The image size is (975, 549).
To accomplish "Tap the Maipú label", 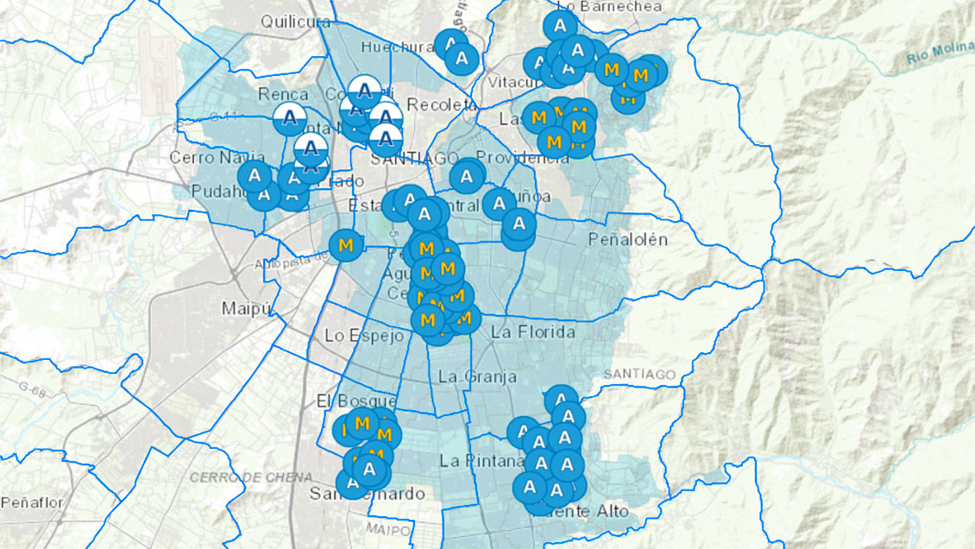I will (x=246, y=307).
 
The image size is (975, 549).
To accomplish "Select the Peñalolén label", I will (x=627, y=239).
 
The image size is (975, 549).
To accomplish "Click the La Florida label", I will (x=532, y=331).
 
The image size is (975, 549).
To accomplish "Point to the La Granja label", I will (x=477, y=376).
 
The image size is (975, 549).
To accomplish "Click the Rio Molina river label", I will (x=940, y=57).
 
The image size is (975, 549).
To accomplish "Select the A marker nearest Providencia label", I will (x=467, y=176).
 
